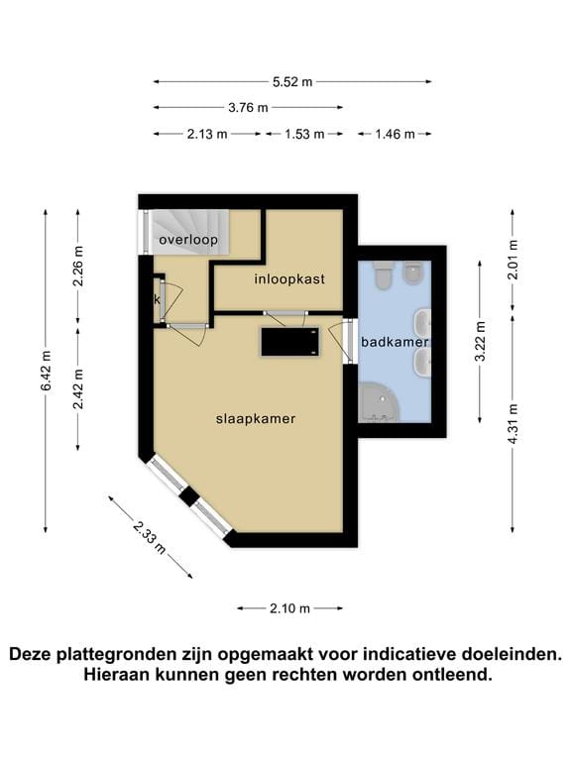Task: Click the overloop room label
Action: [x=187, y=240]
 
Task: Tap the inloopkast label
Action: [x=289, y=278]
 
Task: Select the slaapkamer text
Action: [x=256, y=419]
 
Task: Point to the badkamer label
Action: [x=394, y=342]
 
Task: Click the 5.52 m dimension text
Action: [x=293, y=82]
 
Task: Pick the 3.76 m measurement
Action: [x=248, y=107]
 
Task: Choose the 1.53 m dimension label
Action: [x=304, y=134]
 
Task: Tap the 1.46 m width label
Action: [x=395, y=134]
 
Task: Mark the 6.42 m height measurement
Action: [x=46, y=370]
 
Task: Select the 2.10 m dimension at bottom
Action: [x=289, y=608]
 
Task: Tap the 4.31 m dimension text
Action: [x=513, y=423]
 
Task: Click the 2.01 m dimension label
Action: [x=513, y=261]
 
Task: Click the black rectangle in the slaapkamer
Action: [x=289, y=342]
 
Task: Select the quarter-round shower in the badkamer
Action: [x=377, y=402]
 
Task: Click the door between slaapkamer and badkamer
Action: [x=348, y=341]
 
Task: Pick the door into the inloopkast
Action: [x=285, y=315]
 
